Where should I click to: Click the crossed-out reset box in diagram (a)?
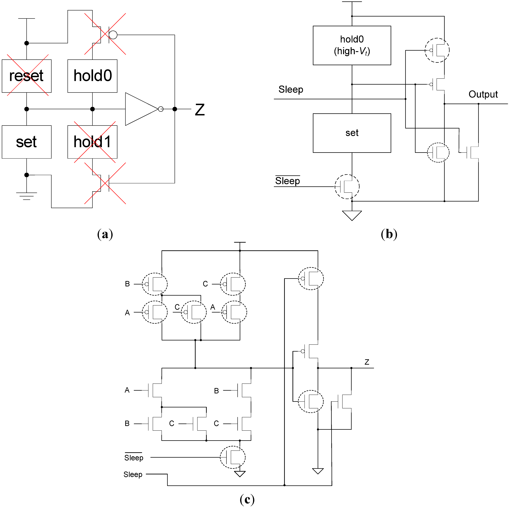coord(27,76)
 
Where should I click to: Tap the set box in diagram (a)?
coord(27,142)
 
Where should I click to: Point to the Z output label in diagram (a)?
coord(200,110)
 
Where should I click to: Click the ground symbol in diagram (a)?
coord(27,196)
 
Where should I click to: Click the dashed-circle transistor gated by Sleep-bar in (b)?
coord(347,186)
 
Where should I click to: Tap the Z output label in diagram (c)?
coord(367,362)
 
